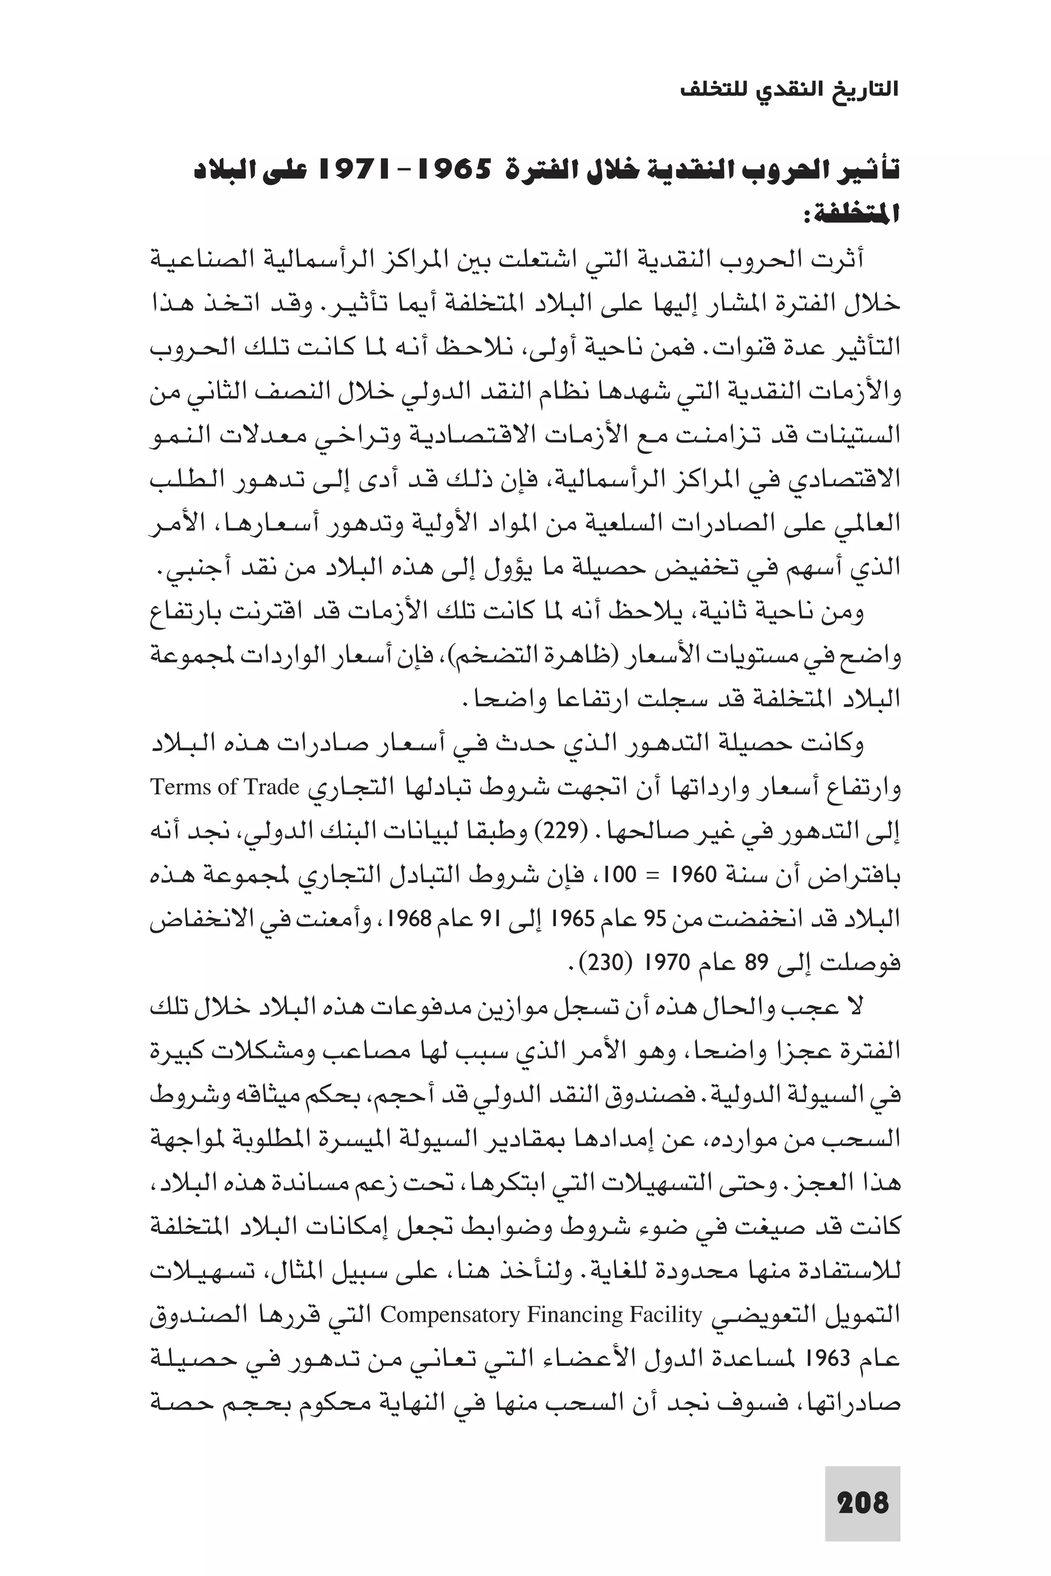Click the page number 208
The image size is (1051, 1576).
pos(863,1504)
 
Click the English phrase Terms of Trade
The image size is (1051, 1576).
pos(225,787)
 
